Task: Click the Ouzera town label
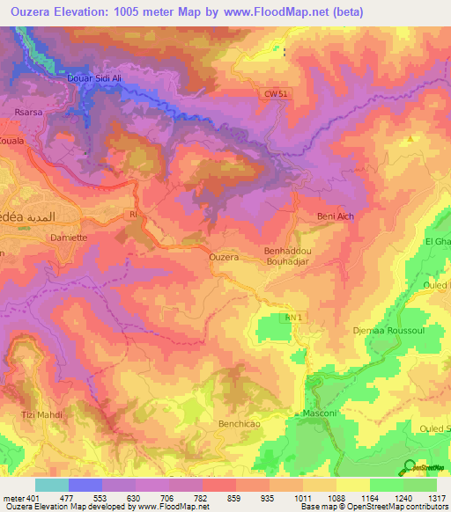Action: point(224,257)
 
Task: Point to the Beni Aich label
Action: point(335,216)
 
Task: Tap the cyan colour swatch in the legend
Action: point(52,485)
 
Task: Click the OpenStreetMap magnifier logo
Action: point(410,467)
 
